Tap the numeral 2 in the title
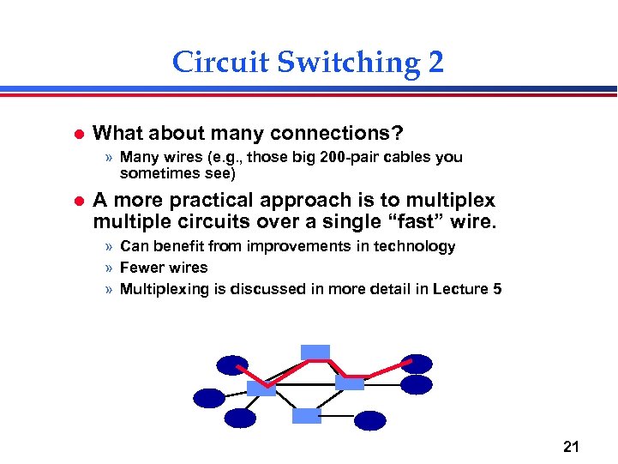click(x=434, y=63)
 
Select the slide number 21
click(x=572, y=445)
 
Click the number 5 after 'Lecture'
click(x=497, y=289)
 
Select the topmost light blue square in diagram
click(x=315, y=351)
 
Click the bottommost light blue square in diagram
click(x=306, y=416)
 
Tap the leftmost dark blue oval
click(x=209, y=398)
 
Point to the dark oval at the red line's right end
click(x=417, y=365)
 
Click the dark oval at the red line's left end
click(x=232, y=365)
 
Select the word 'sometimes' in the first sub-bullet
click(x=154, y=173)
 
